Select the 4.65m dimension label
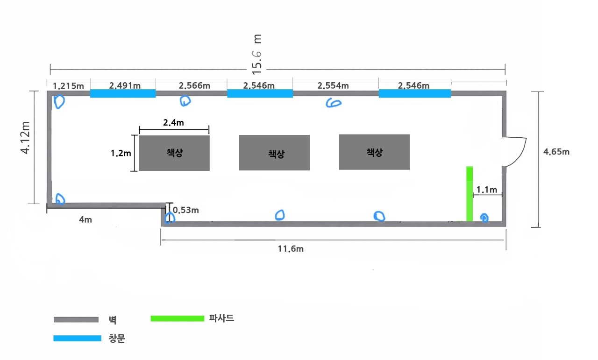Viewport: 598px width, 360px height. click(556, 152)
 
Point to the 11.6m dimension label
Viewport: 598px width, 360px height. click(290, 248)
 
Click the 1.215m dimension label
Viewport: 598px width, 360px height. click(68, 86)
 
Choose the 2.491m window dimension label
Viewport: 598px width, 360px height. click(124, 85)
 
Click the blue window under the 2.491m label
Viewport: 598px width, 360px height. click(122, 94)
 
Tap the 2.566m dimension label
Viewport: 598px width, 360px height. click(194, 85)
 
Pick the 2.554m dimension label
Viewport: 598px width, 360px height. click(333, 85)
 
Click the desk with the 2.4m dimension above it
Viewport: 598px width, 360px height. click(174, 153)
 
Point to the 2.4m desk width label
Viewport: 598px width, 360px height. click(173, 122)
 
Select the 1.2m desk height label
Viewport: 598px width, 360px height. click(121, 153)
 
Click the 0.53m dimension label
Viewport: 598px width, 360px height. click(185, 210)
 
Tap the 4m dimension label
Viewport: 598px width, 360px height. click(85, 219)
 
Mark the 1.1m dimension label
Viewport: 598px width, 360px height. click(486, 190)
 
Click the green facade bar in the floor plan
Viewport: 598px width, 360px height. click(470, 193)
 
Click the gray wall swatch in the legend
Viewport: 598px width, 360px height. click(76, 320)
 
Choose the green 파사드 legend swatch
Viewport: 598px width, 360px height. click(178, 318)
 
